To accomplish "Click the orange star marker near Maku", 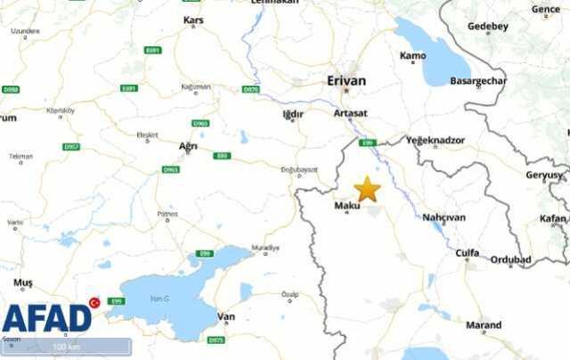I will click(x=367, y=189).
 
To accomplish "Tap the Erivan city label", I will click(x=346, y=80).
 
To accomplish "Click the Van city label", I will click(x=226, y=316).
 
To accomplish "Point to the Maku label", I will click(x=346, y=206).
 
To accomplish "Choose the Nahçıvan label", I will click(x=444, y=217).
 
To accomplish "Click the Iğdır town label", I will click(x=292, y=114).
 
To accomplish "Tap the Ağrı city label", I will click(x=189, y=145).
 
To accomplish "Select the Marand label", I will click(x=484, y=325).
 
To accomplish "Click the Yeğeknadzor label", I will click(x=435, y=141).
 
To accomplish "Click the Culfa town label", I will click(x=467, y=253).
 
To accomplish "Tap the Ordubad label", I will click(x=511, y=260).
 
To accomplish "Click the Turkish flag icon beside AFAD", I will click(x=94, y=303).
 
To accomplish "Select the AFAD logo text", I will click(x=46, y=318).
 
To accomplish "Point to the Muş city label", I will click(x=23, y=282).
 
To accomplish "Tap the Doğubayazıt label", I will click(x=299, y=169).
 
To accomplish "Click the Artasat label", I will click(x=349, y=114).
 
